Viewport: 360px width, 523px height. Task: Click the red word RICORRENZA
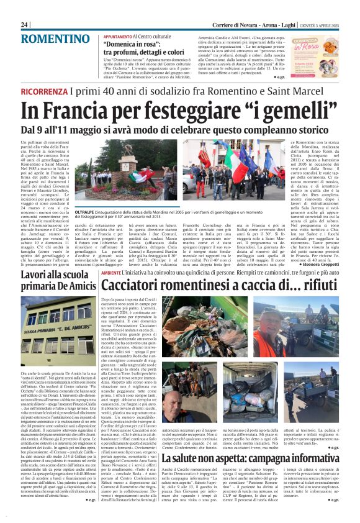click(45, 92)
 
